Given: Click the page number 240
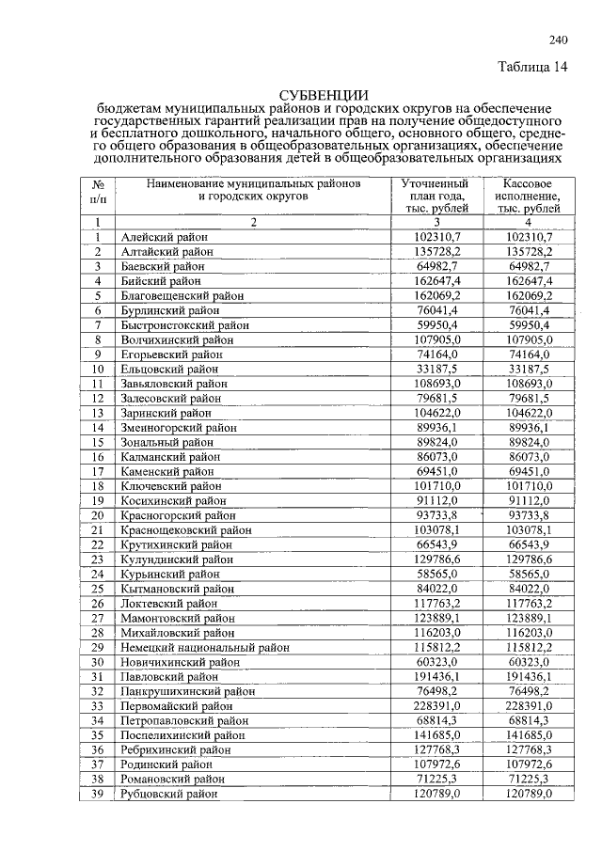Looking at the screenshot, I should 558,39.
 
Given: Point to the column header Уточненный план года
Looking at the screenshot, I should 436,196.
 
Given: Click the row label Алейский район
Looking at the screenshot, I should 165,239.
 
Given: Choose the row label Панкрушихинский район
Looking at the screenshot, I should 182,692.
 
